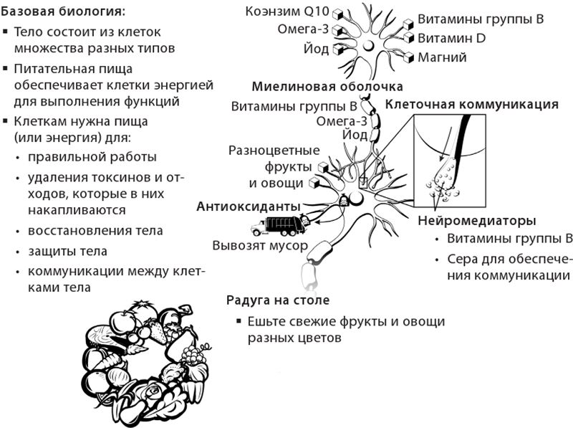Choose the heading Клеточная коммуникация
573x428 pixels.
tap(471, 104)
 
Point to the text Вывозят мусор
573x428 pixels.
tap(260, 245)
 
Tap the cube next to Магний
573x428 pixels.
tap(409, 57)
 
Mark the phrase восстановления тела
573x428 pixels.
tap(95, 232)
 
